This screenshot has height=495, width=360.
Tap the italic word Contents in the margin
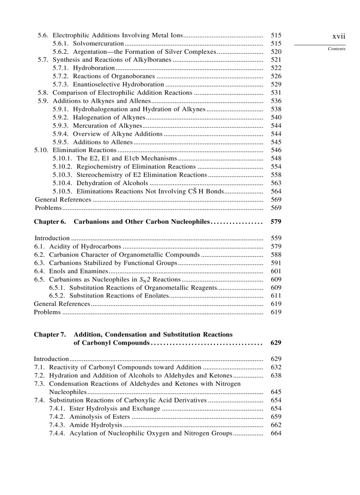point(337,49)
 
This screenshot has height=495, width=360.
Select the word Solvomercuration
point(98,43)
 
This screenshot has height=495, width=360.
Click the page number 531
point(276,93)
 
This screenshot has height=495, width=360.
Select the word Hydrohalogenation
point(101,109)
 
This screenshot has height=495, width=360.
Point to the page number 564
point(276,192)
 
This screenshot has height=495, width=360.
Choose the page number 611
point(276,296)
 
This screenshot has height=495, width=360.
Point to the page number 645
point(276,392)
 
